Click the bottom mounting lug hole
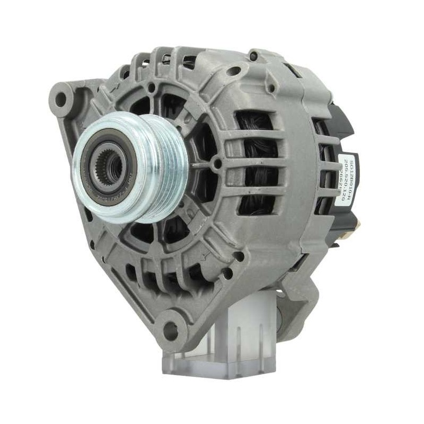(171, 330)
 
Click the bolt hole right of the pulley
(216, 164)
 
